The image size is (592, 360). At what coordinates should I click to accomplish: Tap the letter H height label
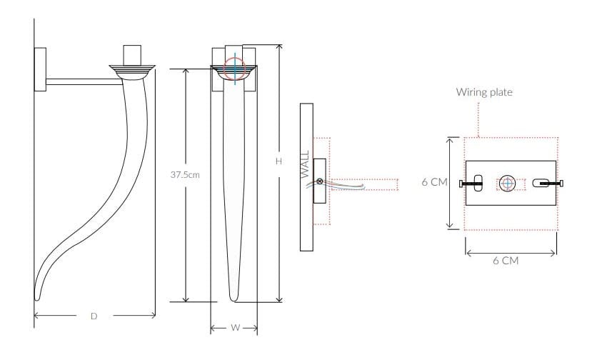[279, 162]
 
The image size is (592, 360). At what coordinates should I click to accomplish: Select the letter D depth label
[94, 315]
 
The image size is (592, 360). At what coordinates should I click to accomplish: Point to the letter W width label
[234, 328]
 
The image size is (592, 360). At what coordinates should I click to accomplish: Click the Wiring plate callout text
[484, 92]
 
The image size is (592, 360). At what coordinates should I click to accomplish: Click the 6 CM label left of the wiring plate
[433, 182]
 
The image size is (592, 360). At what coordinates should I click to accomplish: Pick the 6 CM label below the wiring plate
[505, 261]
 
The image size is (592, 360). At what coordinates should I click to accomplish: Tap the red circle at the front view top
[234, 69]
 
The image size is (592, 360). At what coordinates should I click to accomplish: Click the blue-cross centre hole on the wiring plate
[506, 183]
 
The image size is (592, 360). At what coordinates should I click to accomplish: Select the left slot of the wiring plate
[478, 183]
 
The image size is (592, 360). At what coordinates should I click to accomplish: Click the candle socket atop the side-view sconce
[133, 56]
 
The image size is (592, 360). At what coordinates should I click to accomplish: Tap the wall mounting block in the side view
[41, 69]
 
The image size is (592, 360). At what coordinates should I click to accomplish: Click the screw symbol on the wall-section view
[320, 181]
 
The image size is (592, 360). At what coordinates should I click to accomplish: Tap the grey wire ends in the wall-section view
[361, 187]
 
